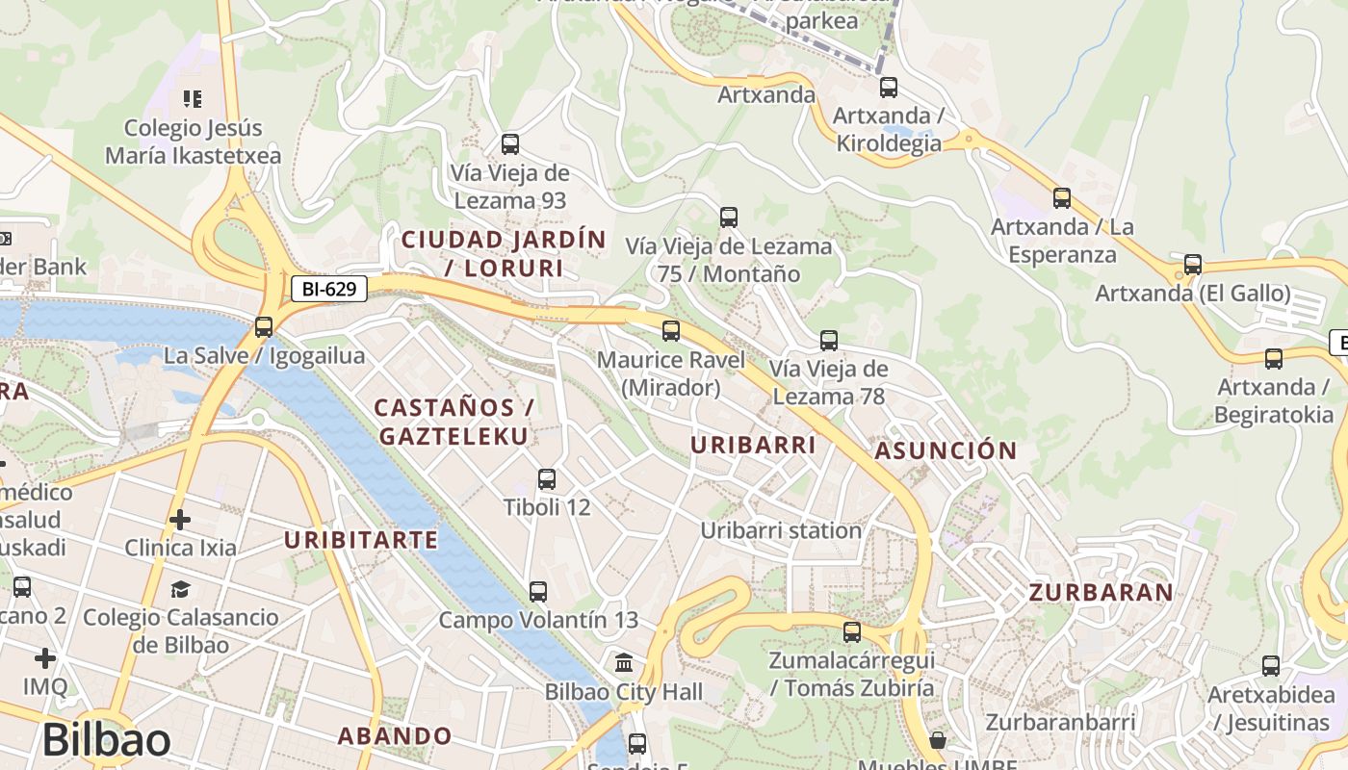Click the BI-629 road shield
[329, 288]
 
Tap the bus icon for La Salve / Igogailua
[264, 327]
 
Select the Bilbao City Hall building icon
[624, 663]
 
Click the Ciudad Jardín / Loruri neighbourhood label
[504, 254]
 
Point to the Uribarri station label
[781, 530]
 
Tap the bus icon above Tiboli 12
[547, 478]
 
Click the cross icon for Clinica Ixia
[180, 521]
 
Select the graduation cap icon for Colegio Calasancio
[180, 589]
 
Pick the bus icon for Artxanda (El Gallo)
[1193, 265]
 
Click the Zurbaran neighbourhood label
[1102, 592]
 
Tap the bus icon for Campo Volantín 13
[538, 592]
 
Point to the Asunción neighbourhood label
[946, 450]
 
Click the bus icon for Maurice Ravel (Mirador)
[671, 331]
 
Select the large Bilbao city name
[107, 740]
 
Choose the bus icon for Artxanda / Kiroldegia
[889, 88]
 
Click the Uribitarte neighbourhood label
[361, 540]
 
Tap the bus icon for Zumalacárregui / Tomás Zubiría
[852, 632]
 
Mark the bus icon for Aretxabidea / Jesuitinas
[1271, 666]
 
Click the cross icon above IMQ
[45, 658]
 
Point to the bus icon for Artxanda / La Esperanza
[1062, 198]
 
